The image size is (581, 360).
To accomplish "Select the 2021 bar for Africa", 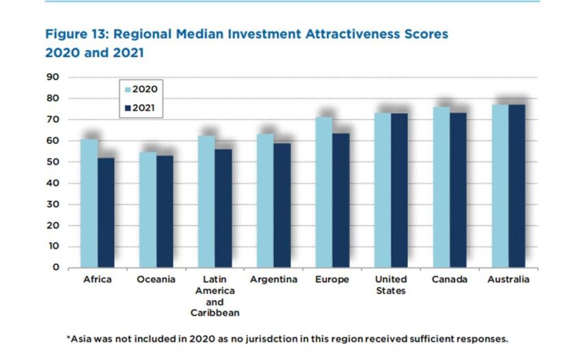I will pyautogui.click(x=106, y=212).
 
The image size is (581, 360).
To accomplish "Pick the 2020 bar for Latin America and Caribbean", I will pyautogui.click(x=206, y=202).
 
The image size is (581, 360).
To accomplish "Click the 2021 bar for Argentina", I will pyautogui.click(x=282, y=205).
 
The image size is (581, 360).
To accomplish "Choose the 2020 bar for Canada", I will pyautogui.click(x=441, y=187).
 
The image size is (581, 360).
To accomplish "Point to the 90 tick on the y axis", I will pyautogui.click(x=53, y=77).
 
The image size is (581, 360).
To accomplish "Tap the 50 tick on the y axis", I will pyautogui.click(x=53, y=162).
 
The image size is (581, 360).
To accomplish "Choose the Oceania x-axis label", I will pyautogui.click(x=156, y=279).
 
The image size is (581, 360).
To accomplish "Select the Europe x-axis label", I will pyautogui.click(x=332, y=279).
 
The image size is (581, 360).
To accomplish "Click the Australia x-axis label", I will pyautogui.click(x=508, y=279).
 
